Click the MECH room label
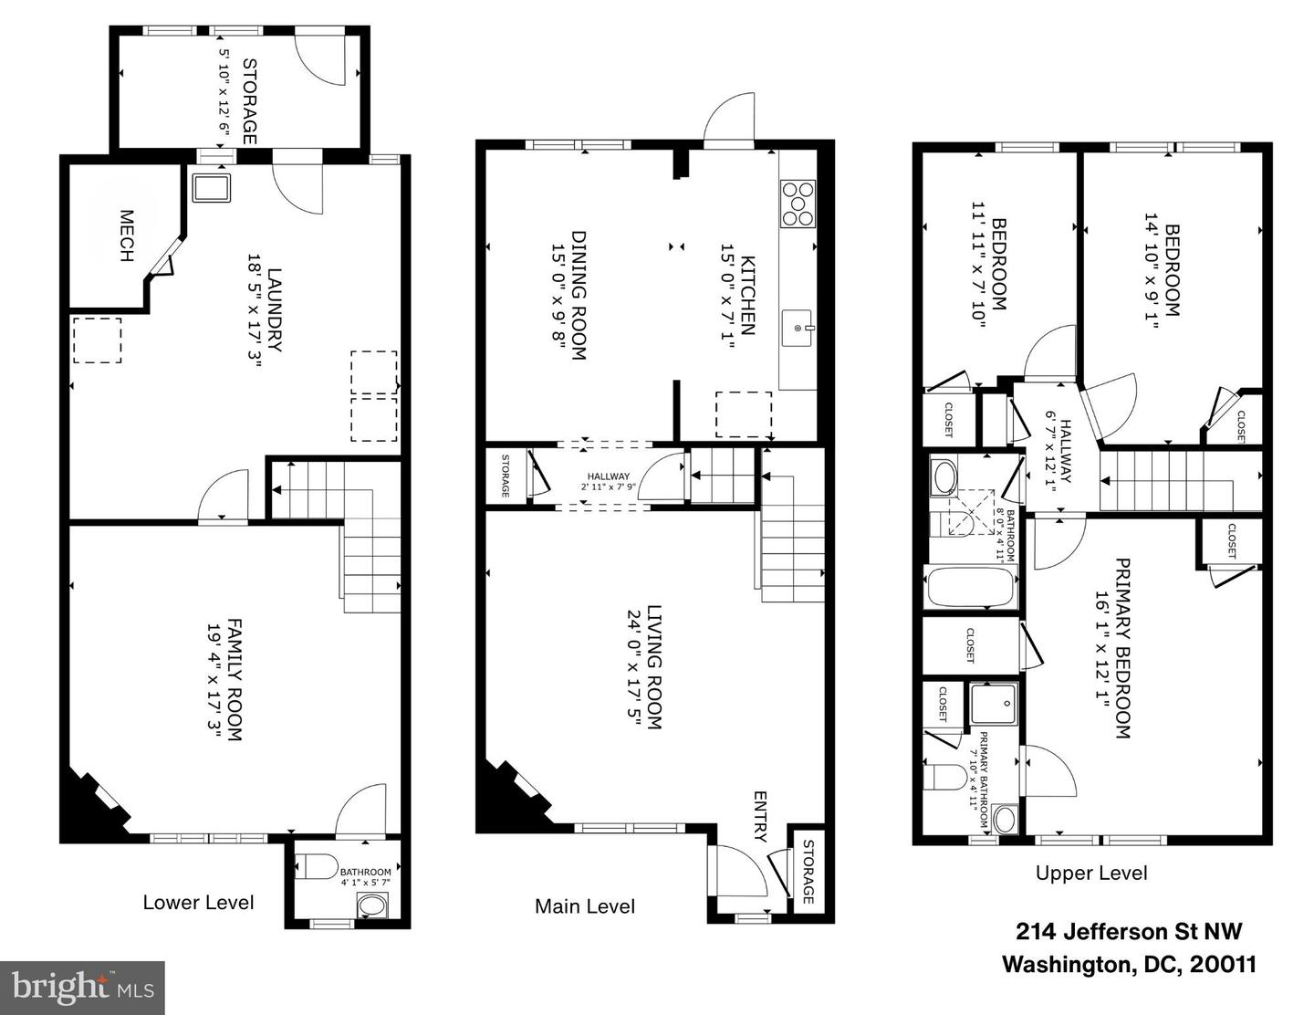126,236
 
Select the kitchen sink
798,327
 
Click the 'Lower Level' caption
198,903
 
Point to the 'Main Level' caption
585,906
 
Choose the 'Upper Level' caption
1091,873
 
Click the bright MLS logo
82,988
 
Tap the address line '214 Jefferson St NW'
1129,932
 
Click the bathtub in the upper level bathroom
971,587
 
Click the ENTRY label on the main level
761,816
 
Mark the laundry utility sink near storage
212,187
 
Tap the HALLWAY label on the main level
608,476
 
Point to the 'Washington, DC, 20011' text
1130,965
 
